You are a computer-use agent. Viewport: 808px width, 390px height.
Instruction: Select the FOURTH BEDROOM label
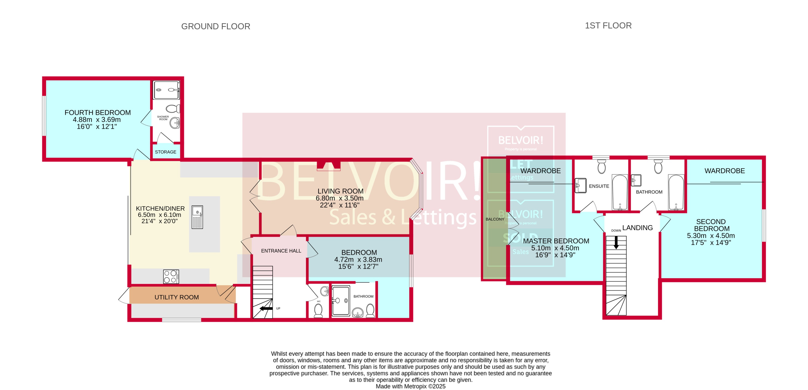coord(98,112)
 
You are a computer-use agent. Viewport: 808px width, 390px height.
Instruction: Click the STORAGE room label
coord(165,152)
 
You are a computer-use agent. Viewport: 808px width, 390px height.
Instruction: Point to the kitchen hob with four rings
coord(171,277)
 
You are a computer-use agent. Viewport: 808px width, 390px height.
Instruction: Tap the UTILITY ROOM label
coord(177,297)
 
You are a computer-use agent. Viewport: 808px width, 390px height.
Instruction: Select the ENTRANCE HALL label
coord(281,251)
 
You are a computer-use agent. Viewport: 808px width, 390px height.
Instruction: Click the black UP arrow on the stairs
coord(266,308)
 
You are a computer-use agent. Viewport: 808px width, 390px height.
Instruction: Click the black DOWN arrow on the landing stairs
coord(616,243)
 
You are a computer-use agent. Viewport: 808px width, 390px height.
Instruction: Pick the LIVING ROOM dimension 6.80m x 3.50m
coord(339,198)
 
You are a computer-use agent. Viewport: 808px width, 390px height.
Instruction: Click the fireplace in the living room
coord(329,166)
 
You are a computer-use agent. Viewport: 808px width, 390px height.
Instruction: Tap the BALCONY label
coord(495,219)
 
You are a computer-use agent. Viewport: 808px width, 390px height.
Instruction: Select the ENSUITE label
coord(599,186)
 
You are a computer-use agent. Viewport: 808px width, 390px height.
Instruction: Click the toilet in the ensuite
coord(601,167)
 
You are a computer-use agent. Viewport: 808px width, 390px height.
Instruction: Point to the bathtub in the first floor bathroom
coord(676,192)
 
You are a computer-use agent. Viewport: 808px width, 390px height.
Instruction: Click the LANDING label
coord(637,228)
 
